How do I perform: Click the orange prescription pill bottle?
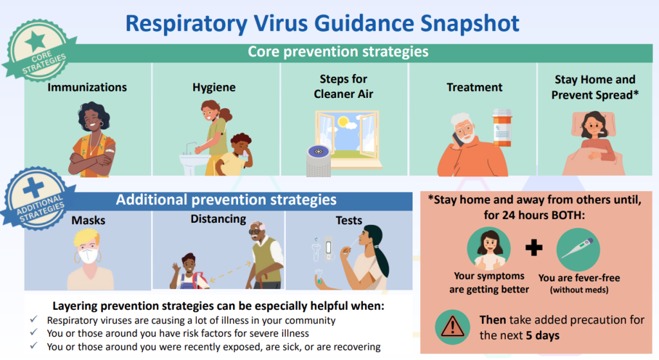pyautogui.click(x=502, y=128)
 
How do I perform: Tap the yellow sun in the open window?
pyautogui.click(x=343, y=122)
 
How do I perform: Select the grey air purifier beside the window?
pyautogui.click(x=318, y=161)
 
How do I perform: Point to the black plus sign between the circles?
pyautogui.click(x=534, y=247)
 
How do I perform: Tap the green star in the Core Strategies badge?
pyautogui.click(x=35, y=42)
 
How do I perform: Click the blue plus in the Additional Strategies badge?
pyautogui.click(x=33, y=187)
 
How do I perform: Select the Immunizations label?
pyautogui.click(x=87, y=87)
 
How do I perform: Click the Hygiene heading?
pyautogui.click(x=214, y=88)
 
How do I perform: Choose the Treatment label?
pyautogui.click(x=474, y=87)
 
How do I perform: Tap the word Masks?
pyautogui.click(x=88, y=220)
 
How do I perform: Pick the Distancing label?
pyautogui.click(x=218, y=219)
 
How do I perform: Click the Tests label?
pyautogui.click(x=349, y=220)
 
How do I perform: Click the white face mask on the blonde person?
pyautogui.click(x=89, y=256)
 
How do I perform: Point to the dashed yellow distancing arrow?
pyautogui.click(x=230, y=272)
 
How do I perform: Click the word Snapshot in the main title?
pyautogui.click(x=470, y=24)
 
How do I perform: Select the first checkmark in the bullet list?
pyautogui.click(x=34, y=319)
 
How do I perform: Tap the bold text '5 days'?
pyautogui.click(x=543, y=336)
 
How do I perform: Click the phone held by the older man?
pyautogui.click(x=458, y=139)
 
